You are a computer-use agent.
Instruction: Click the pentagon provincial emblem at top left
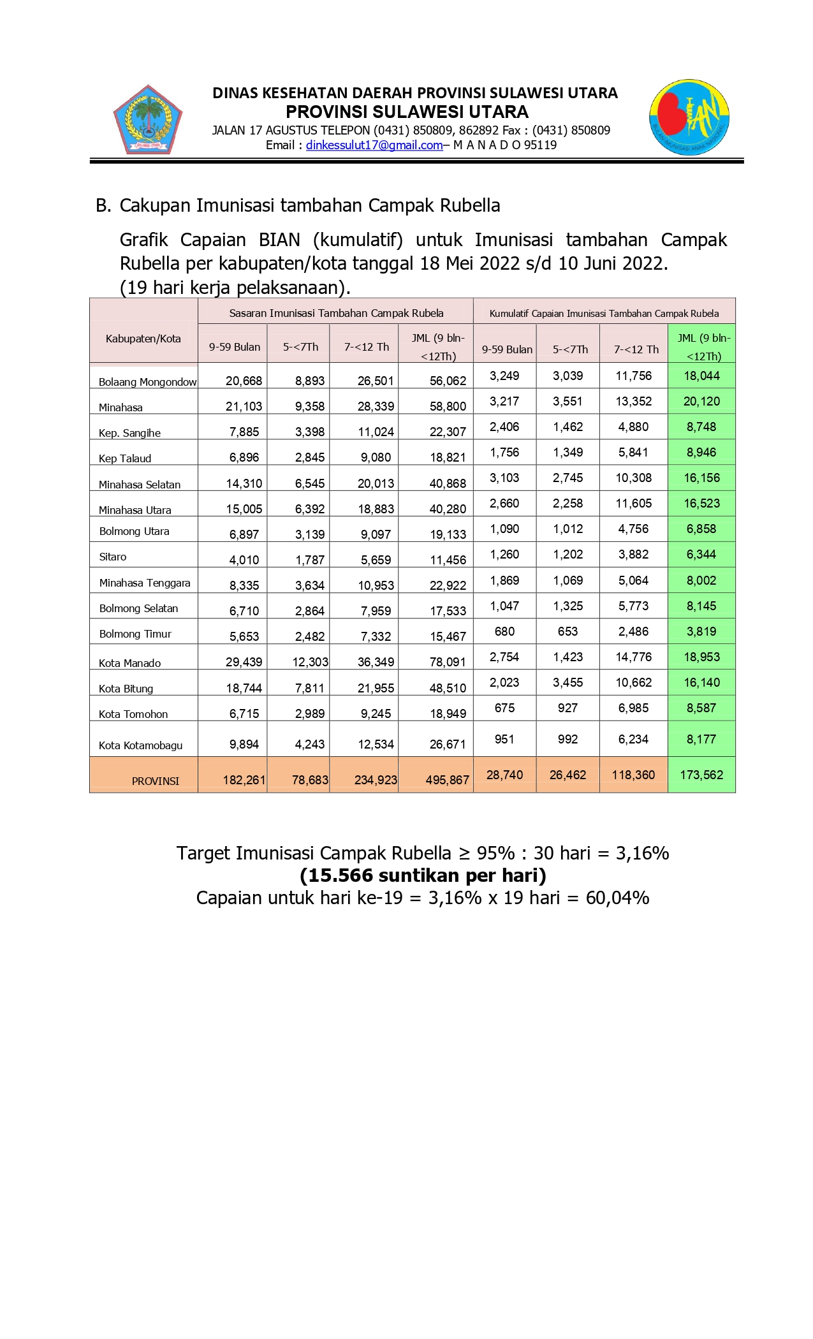148,121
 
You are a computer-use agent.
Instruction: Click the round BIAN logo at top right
689,118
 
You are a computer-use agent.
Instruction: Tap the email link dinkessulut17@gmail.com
374,145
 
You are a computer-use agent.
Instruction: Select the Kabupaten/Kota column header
143,339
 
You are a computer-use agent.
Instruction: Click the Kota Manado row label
129,663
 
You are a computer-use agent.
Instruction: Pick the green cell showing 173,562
701,775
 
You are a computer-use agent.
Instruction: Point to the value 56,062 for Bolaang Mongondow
448,381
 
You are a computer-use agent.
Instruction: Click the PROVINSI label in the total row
156,781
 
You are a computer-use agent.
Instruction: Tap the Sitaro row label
113,557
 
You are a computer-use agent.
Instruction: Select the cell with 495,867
447,780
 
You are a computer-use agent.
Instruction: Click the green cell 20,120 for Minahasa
701,401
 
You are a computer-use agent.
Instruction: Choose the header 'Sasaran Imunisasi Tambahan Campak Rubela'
336,313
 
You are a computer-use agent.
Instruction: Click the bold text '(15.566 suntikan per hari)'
423,875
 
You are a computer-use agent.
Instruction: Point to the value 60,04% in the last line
617,898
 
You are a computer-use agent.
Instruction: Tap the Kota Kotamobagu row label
140,745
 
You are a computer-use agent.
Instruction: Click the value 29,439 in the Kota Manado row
244,662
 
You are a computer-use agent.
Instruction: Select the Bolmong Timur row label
135,634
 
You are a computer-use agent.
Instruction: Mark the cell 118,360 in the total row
634,775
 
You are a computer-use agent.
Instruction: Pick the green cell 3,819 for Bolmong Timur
701,631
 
